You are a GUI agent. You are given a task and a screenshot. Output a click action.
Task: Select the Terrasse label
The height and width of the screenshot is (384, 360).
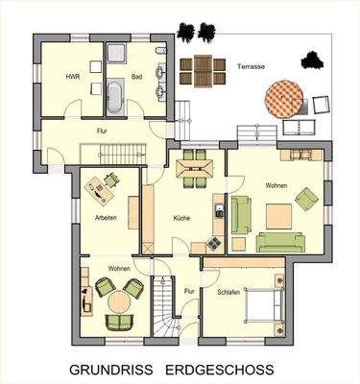pyautogui.click(x=252, y=66)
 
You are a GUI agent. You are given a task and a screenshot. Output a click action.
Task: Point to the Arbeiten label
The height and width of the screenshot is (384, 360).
pyautogui.click(x=107, y=217)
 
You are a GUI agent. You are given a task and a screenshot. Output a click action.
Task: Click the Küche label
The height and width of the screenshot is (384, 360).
pyautogui.click(x=181, y=218)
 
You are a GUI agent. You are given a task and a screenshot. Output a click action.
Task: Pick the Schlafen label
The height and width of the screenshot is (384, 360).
pyautogui.click(x=228, y=291)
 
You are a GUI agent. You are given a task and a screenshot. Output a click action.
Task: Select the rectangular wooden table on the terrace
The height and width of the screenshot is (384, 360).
pyautogui.click(x=201, y=69)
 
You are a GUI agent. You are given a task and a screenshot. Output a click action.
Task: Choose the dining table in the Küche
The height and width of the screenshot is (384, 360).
pyautogui.click(x=194, y=170)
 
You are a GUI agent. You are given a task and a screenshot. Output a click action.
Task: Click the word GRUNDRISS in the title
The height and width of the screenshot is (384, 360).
pyautogui.click(x=111, y=369)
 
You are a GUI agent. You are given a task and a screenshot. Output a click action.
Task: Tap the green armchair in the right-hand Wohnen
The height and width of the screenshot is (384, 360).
pyautogui.click(x=305, y=199)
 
